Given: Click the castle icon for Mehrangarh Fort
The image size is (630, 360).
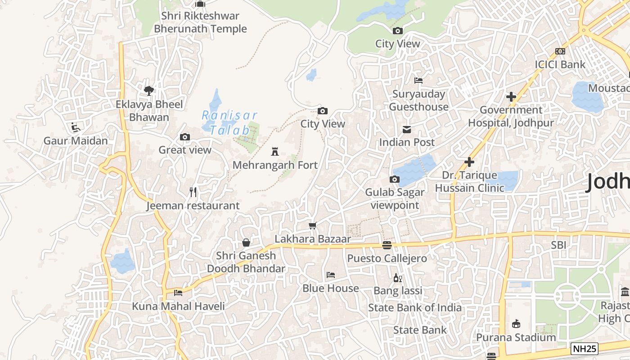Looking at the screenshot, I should tap(275, 152).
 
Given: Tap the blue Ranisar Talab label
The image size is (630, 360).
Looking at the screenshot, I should tap(229, 123).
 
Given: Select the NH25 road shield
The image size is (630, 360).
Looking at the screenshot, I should tap(585, 348).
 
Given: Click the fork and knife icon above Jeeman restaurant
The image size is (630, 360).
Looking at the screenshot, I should tap(193, 192).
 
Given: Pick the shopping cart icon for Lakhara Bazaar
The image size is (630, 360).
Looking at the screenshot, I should tap(312, 225).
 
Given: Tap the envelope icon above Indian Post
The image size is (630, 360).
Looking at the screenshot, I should tap(407, 130).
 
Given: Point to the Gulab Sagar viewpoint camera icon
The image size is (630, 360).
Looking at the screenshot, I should tap(394, 180).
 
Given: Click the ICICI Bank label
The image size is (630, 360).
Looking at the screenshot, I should tap(560, 64).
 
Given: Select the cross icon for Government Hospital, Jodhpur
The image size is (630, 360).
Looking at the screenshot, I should tap(511, 97).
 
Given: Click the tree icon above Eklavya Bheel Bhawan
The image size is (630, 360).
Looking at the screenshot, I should tap(149, 91).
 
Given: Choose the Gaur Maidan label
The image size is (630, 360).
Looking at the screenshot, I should tap(76, 141).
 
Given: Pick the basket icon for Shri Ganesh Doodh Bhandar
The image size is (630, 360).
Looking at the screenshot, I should tap(246, 243).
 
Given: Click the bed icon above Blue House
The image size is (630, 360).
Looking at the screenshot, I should tap(331, 275).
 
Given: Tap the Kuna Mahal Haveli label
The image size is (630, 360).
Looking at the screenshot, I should tap(178, 306).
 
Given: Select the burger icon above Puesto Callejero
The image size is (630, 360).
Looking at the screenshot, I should tap(387, 245).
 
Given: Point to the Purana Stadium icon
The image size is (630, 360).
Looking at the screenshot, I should tap(516, 324).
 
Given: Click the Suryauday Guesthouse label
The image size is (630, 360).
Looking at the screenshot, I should tap(418, 100).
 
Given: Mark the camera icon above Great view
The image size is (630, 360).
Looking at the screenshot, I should tap(184, 137).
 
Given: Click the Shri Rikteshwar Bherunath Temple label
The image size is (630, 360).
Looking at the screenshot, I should tap(200, 22).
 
